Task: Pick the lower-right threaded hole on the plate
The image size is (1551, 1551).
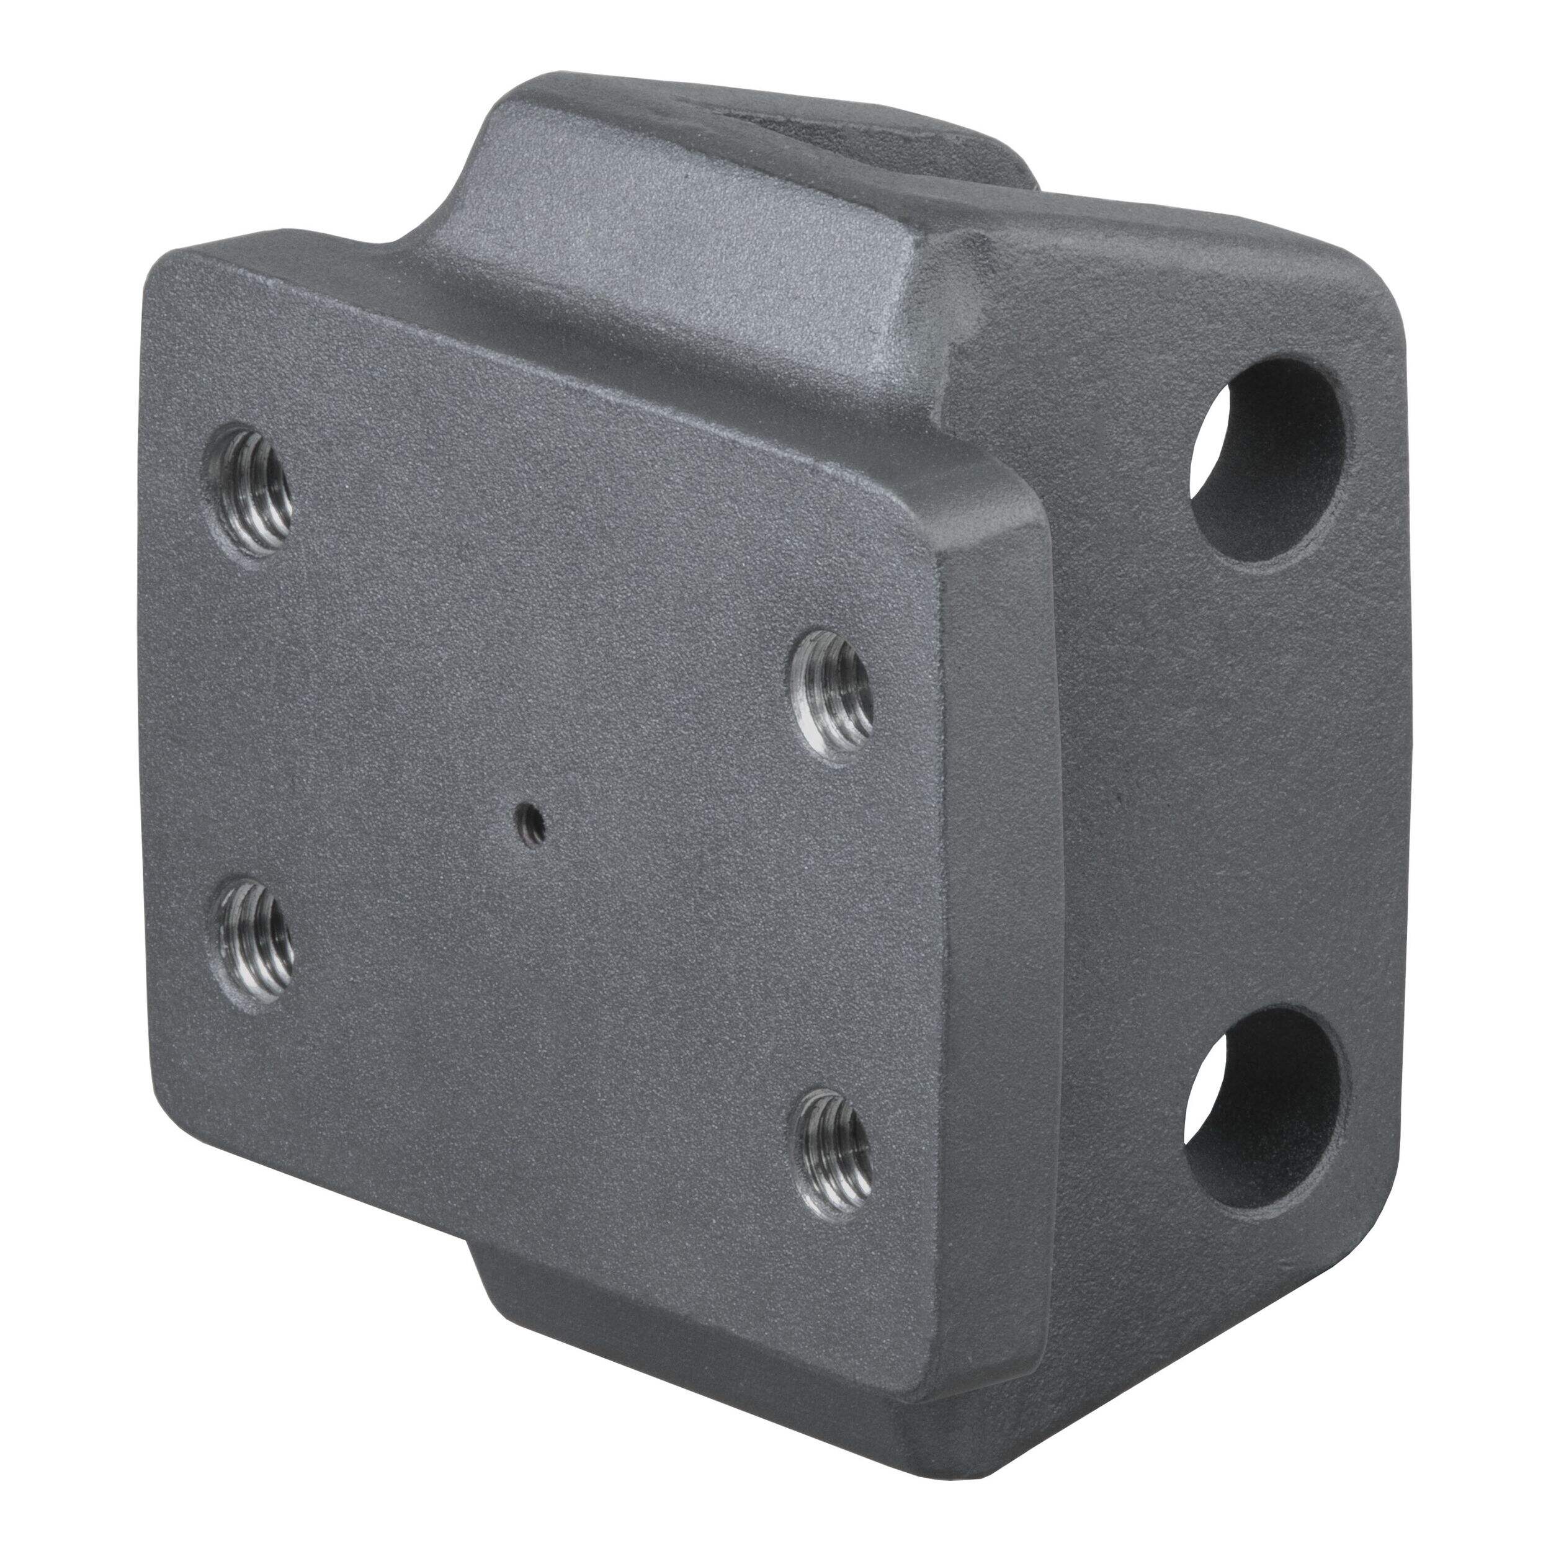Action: tap(832, 1143)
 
